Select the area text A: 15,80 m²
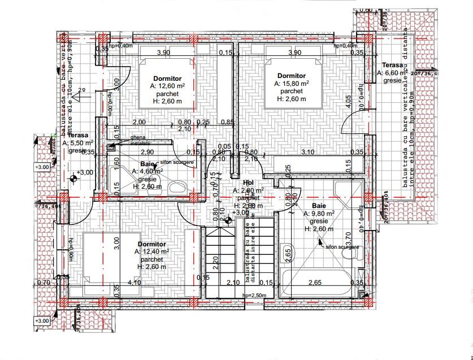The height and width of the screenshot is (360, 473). [292, 83]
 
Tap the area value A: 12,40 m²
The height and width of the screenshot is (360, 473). [153, 251]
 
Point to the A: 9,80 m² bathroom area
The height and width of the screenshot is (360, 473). [319, 214]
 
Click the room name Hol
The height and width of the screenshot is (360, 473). [248, 183]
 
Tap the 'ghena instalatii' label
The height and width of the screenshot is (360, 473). [142, 141]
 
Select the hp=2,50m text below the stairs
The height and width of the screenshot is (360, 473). [253, 296]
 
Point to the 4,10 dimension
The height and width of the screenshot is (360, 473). [134, 283]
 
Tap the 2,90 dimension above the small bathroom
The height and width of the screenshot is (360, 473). [147, 152]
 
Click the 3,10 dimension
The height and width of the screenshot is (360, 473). [308, 152]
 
